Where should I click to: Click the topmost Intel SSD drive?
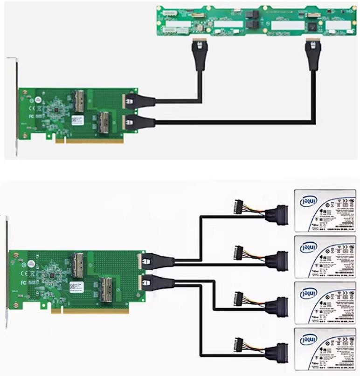(326, 210)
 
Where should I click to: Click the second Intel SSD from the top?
(326, 257)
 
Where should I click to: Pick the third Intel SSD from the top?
(326, 303)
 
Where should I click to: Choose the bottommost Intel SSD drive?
(326, 349)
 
